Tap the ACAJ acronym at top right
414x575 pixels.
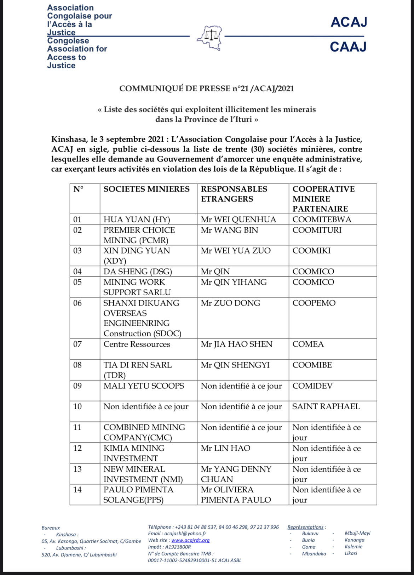(349, 22)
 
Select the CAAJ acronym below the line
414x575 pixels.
(348, 47)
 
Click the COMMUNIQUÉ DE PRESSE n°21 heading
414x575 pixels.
(207, 89)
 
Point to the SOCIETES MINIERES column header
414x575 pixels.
(146, 189)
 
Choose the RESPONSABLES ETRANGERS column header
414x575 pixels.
(234, 194)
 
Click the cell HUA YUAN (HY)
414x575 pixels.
(137, 220)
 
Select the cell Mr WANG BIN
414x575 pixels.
(229, 230)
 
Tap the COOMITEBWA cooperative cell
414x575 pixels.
(322, 220)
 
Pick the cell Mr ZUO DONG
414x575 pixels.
(230, 303)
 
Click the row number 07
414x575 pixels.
(77, 344)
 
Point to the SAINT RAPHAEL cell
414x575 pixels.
(326, 406)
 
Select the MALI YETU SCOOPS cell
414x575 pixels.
(144, 386)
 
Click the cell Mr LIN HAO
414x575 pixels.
(225, 448)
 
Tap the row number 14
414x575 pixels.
(77, 490)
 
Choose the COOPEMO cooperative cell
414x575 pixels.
(314, 303)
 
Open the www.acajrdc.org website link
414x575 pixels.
(190, 540)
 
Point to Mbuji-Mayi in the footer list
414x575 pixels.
(357, 533)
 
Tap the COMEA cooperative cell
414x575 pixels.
(308, 344)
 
